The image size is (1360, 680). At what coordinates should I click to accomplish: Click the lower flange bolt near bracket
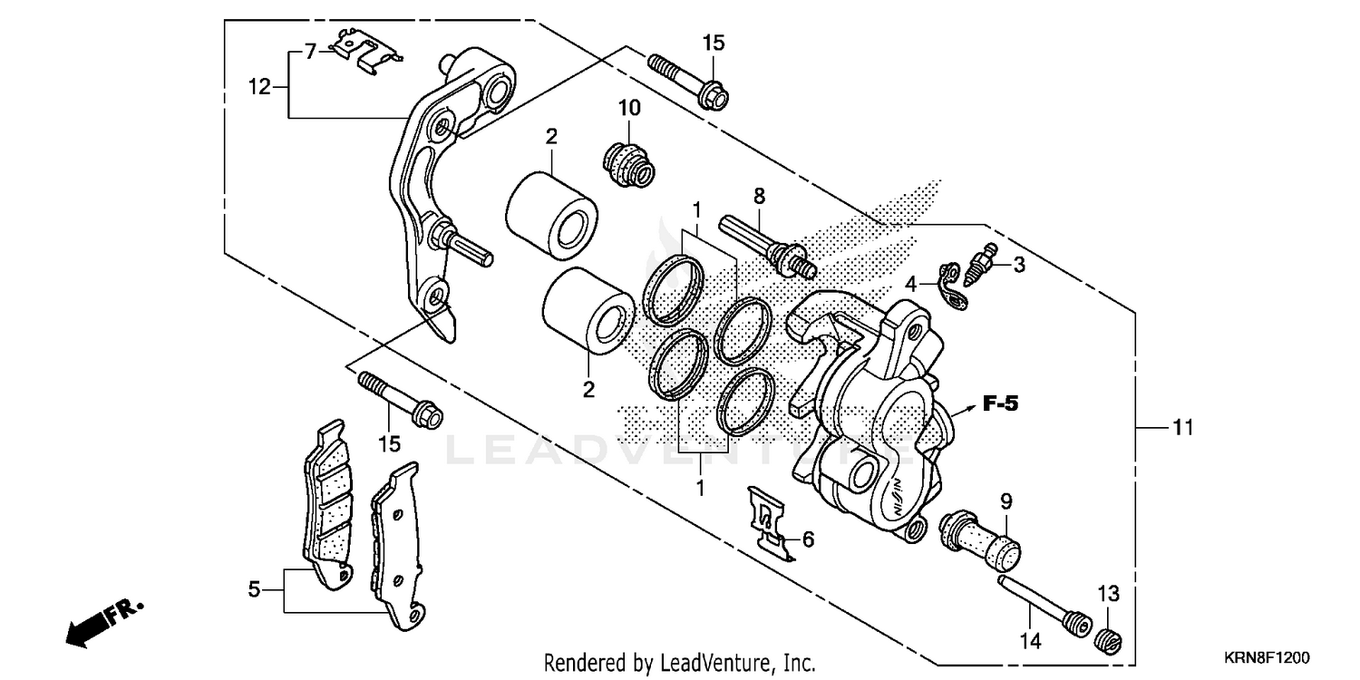(x=400, y=399)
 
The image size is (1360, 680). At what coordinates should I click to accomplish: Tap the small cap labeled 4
(x=951, y=285)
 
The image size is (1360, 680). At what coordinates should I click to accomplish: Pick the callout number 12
(x=260, y=86)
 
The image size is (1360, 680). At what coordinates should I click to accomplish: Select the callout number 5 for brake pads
(x=255, y=590)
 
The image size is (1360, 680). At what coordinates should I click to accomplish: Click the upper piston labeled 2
(x=550, y=218)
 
